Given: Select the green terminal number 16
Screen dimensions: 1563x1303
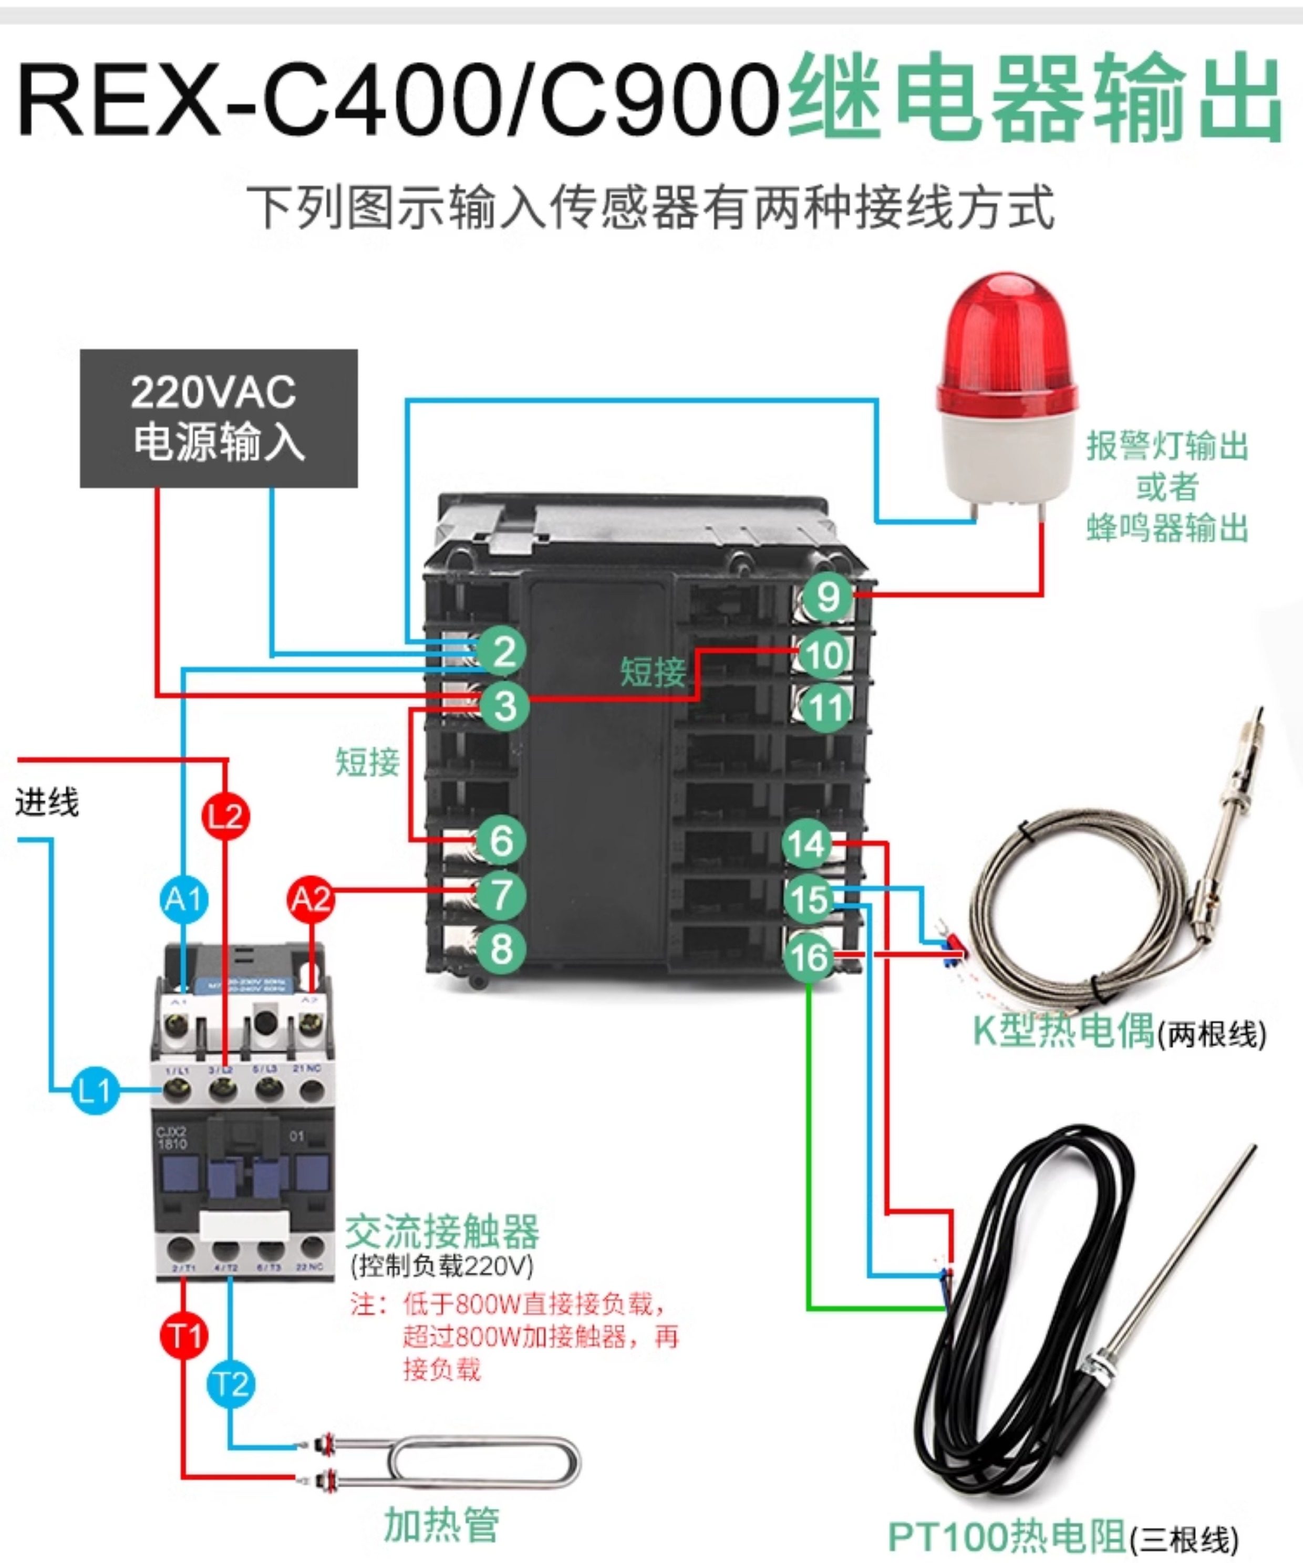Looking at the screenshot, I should click(809, 958).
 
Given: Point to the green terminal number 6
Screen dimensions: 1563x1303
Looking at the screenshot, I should click(501, 840).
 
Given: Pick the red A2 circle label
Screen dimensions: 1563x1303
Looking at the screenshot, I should click(311, 899).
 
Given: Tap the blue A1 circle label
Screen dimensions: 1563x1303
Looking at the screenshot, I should click(184, 899).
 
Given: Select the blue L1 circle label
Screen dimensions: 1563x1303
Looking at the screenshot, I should click(95, 1091).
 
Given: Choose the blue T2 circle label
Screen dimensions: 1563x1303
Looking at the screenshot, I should click(231, 1384).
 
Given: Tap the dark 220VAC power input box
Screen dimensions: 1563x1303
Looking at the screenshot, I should click(218, 418).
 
